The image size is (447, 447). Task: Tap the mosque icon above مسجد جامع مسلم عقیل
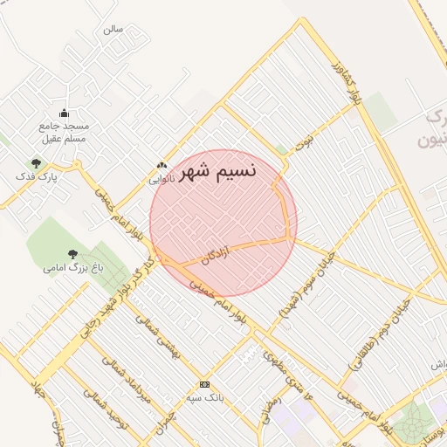64,113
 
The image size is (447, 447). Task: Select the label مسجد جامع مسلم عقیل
64,132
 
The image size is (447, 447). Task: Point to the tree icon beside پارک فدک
36,163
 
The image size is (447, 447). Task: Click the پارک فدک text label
36,176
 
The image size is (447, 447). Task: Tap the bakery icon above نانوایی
162,165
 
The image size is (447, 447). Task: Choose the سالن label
113,29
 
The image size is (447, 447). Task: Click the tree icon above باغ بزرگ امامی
72,254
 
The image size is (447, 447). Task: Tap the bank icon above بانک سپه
204,384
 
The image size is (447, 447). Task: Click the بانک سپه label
204,397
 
